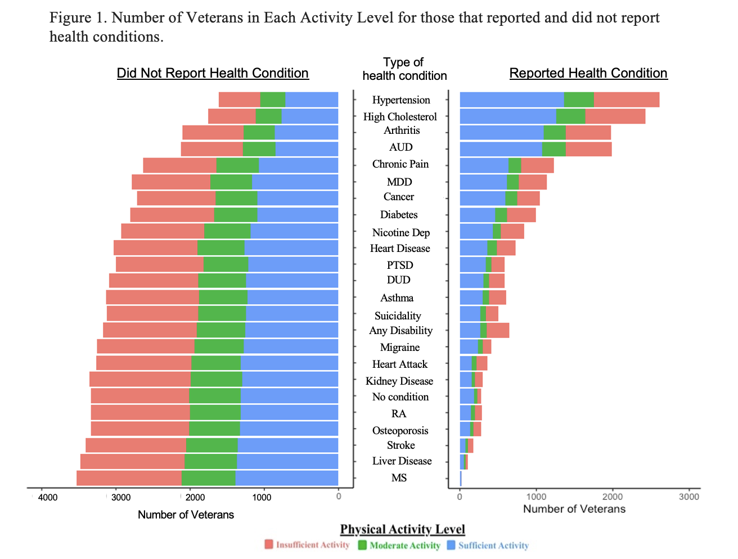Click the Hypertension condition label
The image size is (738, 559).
(x=401, y=100)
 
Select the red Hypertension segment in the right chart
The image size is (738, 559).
(x=626, y=100)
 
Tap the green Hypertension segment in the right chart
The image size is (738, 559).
(x=579, y=100)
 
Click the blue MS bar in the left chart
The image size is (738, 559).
(x=286, y=479)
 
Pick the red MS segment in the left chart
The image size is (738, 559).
(x=129, y=479)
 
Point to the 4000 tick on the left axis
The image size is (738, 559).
(x=48, y=497)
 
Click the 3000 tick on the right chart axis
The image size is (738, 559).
(x=689, y=497)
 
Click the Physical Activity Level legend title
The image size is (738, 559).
(x=403, y=529)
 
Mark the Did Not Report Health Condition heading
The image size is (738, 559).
(x=213, y=73)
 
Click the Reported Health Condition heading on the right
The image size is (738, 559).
(x=588, y=73)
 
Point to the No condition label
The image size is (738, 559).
(x=400, y=397)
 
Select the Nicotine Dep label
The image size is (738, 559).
(x=400, y=233)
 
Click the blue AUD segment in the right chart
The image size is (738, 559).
(x=501, y=149)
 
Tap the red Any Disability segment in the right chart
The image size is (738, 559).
(x=498, y=331)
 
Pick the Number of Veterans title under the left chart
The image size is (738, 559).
(x=186, y=515)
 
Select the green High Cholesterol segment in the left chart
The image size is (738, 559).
(x=268, y=116)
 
